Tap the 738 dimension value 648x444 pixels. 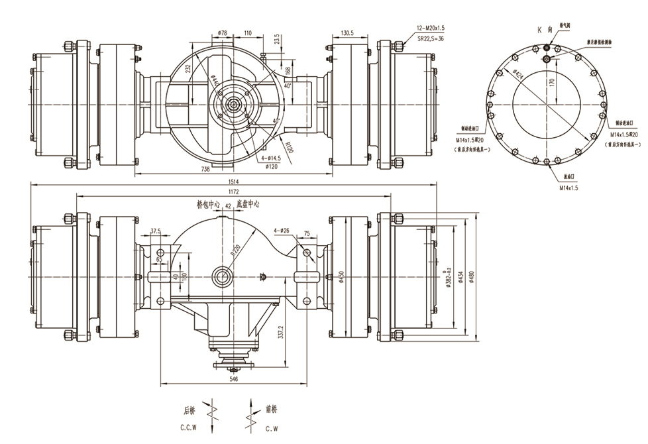205,170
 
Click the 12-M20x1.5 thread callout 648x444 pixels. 431,28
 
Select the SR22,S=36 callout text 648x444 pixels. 431,38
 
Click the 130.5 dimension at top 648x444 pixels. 347,32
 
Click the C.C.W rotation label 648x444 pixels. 190,429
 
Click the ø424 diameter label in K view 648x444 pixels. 517,73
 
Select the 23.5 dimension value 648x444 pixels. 276,38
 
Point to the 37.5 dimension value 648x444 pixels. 156,231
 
